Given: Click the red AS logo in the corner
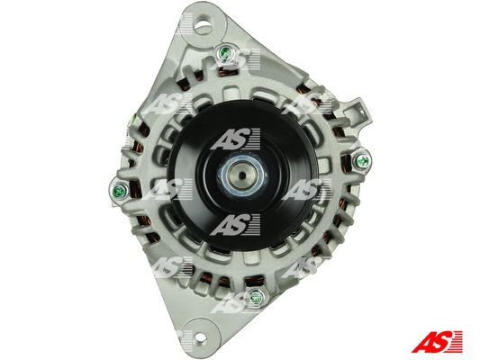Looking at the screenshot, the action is (x=437, y=341).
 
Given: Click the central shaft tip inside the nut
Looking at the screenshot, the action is (x=242, y=175).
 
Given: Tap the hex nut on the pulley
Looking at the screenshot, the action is (x=242, y=175).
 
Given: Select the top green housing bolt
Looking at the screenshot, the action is (x=226, y=52).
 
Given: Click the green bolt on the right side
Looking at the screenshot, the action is (x=363, y=161).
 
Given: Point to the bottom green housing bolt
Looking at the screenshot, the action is (x=255, y=297).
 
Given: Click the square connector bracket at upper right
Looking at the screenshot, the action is (x=358, y=112).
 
